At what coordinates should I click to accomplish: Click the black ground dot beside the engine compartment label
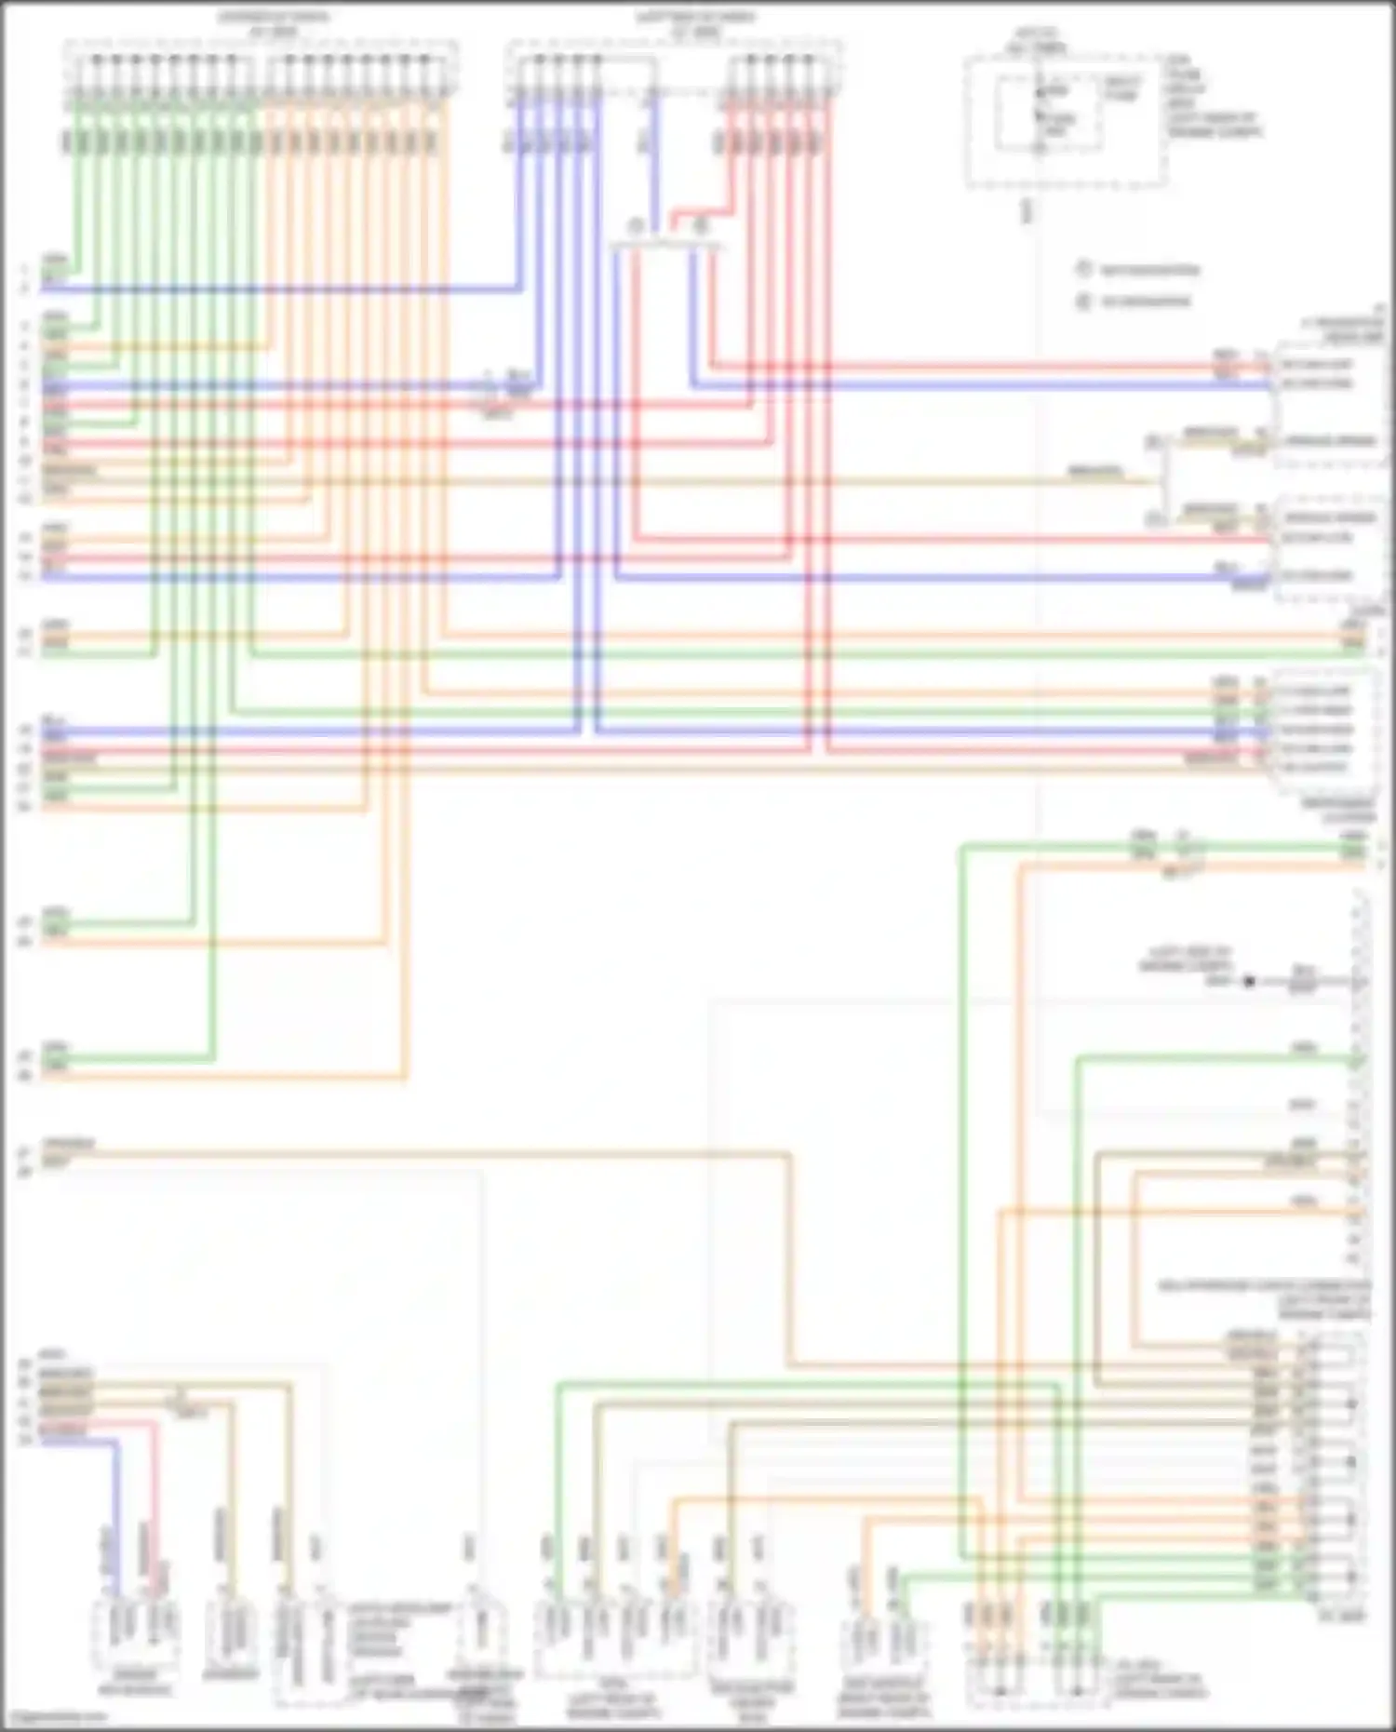(1249, 981)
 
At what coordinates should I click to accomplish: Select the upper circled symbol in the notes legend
(1083, 269)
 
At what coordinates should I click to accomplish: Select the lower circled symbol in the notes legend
(1083, 301)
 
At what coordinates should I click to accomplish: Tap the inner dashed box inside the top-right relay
(1049, 114)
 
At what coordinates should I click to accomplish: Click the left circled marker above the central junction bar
(637, 226)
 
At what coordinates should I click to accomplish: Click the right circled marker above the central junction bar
(700, 225)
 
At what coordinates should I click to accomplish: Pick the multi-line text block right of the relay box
(1213, 97)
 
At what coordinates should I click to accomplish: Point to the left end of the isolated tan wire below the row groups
(45, 1155)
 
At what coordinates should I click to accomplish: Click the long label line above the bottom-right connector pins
(1264, 1286)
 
